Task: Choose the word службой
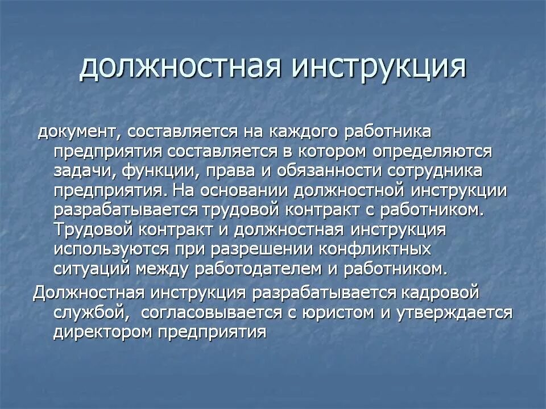point(88,312)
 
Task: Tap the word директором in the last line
point(107,331)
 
